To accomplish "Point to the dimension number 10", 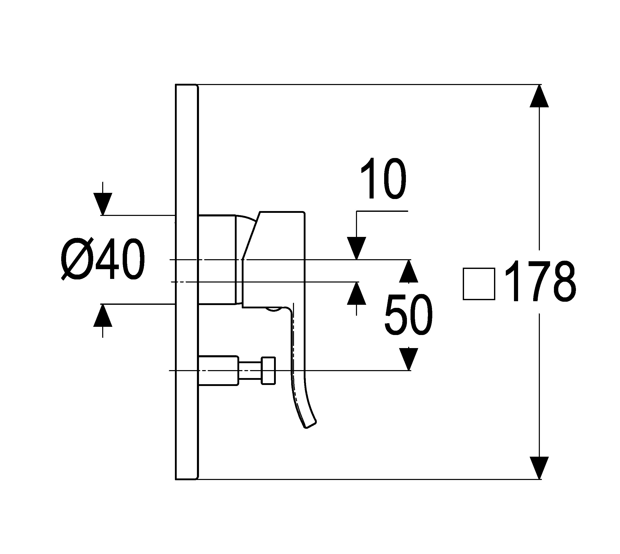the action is point(383,179).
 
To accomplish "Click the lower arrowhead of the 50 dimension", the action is point(408,359).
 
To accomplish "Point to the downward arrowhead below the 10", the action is point(356,248).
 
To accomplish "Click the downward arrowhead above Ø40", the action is point(103,204).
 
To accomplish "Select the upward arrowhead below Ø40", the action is point(103,315).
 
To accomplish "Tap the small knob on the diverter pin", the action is point(268,370).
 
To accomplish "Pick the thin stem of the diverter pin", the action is point(250,370).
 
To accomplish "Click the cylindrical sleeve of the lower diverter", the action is point(218,370).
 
